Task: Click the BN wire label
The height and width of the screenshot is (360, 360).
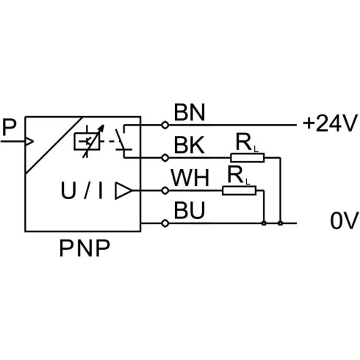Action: coord(190,112)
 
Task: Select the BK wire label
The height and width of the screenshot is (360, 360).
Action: coord(189,145)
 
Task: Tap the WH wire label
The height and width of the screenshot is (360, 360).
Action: coord(190,178)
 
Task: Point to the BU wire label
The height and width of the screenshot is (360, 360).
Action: coord(190,210)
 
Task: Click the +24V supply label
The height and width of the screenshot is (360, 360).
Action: coord(330,123)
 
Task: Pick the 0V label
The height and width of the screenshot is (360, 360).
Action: coord(345,221)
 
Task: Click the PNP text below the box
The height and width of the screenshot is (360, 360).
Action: coord(84,248)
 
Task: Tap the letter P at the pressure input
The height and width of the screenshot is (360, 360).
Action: coord(9,127)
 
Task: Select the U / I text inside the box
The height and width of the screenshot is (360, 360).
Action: coord(82,190)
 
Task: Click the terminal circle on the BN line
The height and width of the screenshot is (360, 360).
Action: coord(165,125)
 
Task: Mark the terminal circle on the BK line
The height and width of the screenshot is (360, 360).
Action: coord(165,158)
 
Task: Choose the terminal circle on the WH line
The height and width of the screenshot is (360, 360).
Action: coord(165,190)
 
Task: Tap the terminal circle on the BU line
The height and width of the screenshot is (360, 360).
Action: coord(165,223)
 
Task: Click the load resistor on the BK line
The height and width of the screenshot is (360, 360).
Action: coord(248,158)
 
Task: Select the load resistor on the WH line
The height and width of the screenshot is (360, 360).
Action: coord(240,190)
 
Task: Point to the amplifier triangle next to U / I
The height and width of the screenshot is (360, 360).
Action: coord(123,190)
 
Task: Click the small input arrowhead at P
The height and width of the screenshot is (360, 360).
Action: coord(29,142)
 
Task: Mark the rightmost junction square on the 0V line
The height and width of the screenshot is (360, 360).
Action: coord(281,223)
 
